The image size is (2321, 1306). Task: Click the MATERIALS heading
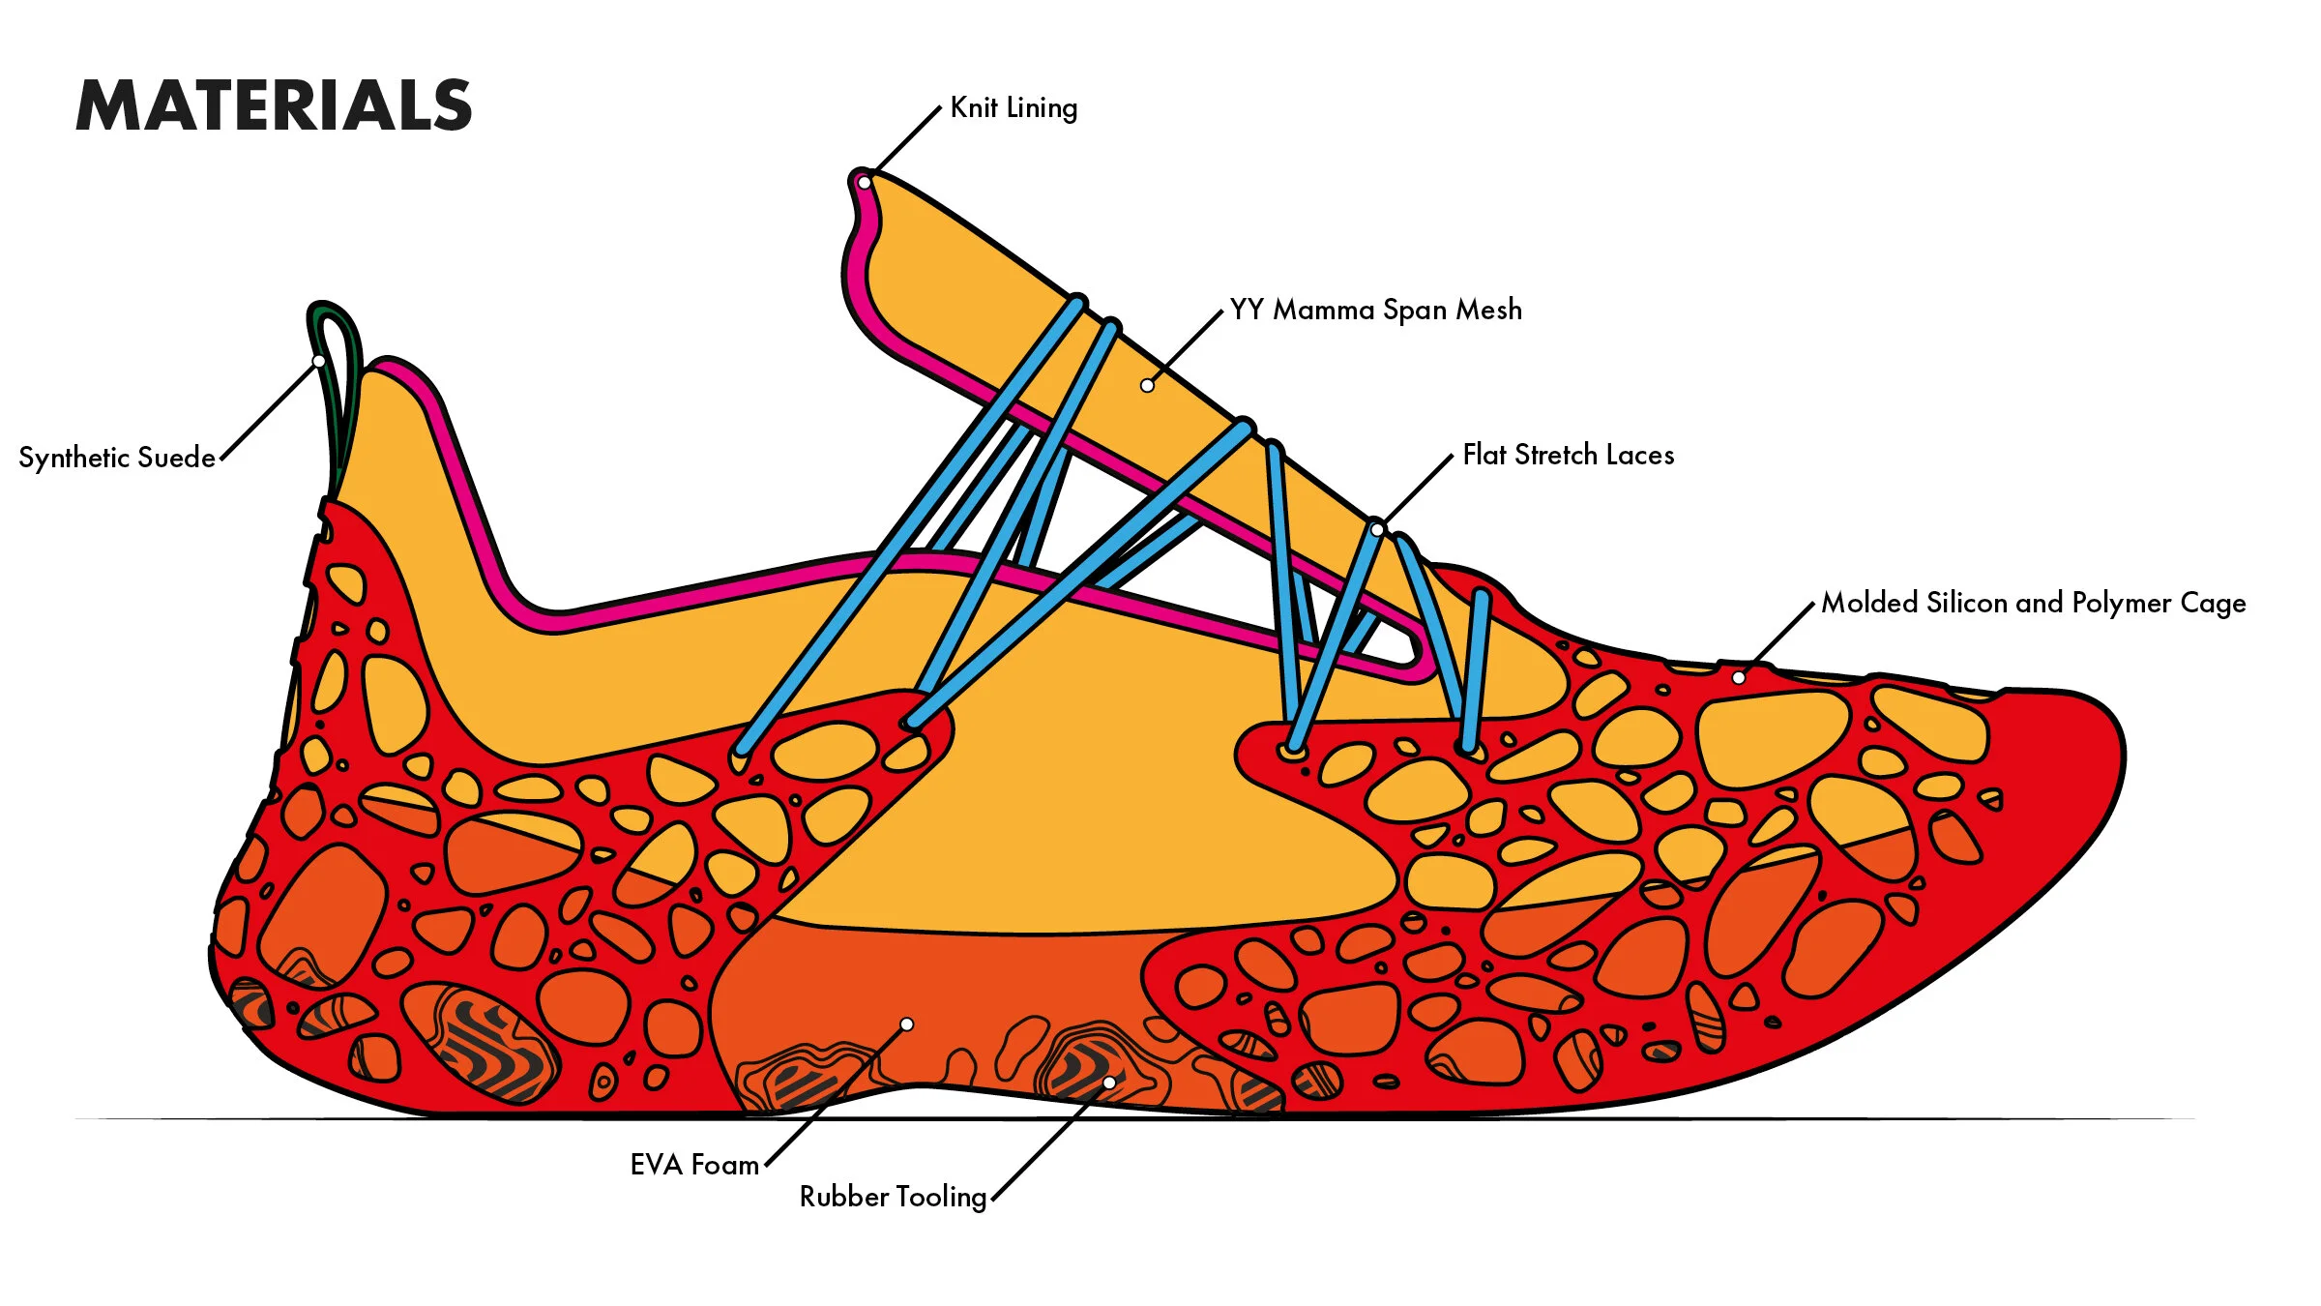274,105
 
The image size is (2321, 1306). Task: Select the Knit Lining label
1014,107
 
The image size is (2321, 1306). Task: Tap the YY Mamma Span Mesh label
1375,310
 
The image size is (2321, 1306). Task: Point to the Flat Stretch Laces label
1568,455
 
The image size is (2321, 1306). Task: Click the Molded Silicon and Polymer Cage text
2033,603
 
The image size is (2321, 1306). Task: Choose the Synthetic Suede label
117,458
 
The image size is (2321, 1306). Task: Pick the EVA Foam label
694,1164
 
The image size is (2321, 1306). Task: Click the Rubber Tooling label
893,1197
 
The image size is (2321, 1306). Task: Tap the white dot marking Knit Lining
865,183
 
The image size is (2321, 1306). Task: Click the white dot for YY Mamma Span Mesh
1147,385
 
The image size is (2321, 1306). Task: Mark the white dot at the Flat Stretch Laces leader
1377,530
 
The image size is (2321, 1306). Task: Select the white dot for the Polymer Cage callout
1739,678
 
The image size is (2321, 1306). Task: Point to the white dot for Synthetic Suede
318,362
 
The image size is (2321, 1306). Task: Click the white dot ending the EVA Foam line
906,1024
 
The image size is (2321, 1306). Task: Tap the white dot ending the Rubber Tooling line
1109,1083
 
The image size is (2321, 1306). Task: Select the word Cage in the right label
2213,603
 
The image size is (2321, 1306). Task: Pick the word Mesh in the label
1489,310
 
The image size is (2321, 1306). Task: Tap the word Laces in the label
1640,455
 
